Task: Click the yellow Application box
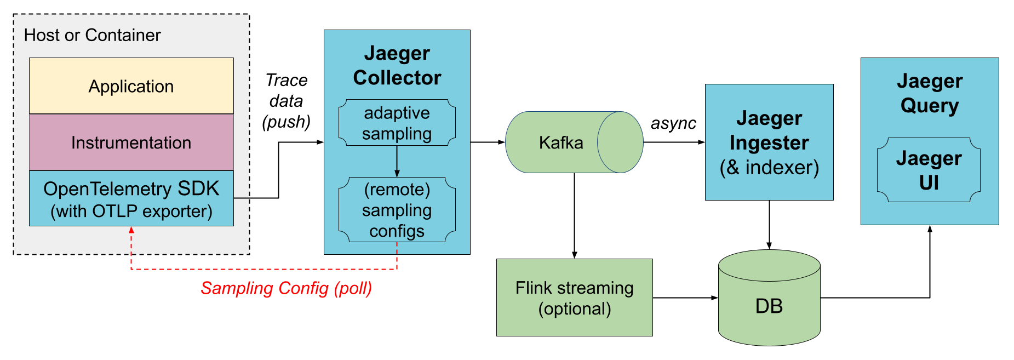coord(131,86)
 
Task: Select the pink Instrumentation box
coord(131,142)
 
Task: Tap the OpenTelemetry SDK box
coord(131,199)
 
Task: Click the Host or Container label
coord(92,35)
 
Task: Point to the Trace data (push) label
coord(286,101)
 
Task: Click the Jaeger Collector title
coord(397,65)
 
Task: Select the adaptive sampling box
coord(397,123)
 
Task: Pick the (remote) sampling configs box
coord(397,210)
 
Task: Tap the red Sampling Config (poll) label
coord(286,288)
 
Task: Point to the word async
coord(673,123)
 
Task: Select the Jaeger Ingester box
coord(769,142)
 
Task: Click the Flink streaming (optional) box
coord(574,298)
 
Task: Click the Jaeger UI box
coord(929,170)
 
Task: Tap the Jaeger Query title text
coord(929,93)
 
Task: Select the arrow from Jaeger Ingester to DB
coord(769,225)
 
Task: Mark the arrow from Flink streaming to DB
coord(685,298)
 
